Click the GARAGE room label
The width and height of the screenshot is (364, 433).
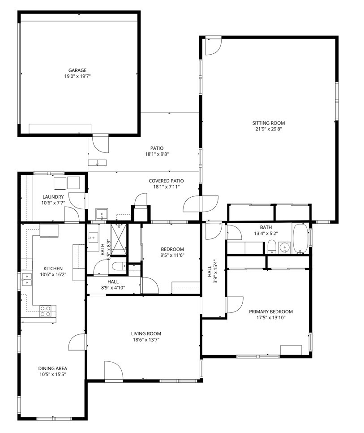(x=77, y=70)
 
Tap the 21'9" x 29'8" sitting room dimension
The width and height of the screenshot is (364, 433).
(x=269, y=129)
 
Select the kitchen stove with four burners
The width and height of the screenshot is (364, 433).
(x=46, y=311)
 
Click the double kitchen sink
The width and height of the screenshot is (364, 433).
(x=27, y=279)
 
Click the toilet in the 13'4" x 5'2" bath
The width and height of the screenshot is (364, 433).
(x=272, y=247)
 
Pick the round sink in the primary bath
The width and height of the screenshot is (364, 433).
(x=284, y=247)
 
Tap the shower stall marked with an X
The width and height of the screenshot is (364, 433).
(x=119, y=239)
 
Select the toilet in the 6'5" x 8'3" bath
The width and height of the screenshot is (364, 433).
(x=119, y=266)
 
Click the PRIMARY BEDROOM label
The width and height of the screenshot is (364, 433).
(x=271, y=312)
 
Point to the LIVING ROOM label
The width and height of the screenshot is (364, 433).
(x=146, y=333)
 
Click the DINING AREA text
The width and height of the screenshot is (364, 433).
(x=53, y=368)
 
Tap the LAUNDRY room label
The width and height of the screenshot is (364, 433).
(x=53, y=197)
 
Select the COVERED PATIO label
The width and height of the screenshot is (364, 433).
(x=166, y=181)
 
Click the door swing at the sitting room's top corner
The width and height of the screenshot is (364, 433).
(x=213, y=46)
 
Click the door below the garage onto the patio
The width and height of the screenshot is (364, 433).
(x=100, y=143)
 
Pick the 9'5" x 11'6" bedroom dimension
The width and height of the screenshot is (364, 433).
(x=172, y=255)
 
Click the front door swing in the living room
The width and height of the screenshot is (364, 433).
(x=113, y=371)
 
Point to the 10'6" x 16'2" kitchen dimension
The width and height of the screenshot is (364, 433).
(x=53, y=274)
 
